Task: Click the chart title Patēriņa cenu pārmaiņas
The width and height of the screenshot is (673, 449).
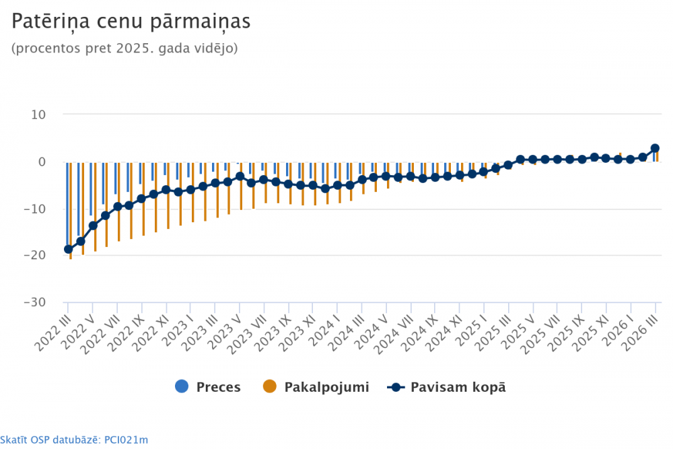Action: pyautogui.click(x=131, y=22)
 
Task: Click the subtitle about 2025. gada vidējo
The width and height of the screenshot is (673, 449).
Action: pyautogui.click(x=125, y=49)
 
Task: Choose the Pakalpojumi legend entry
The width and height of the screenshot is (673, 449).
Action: pyautogui.click(x=316, y=387)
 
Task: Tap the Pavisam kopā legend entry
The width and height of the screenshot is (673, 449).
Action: pyautogui.click(x=448, y=387)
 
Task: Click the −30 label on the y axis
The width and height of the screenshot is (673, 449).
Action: pyautogui.click(x=33, y=302)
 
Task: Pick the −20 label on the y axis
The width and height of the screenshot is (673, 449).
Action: pyautogui.click(x=33, y=255)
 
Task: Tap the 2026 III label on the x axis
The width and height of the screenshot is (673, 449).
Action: pyautogui.click(x=645, y=331)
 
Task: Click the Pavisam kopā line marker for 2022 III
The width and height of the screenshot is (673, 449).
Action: pyautogui.click(x=68, y=249)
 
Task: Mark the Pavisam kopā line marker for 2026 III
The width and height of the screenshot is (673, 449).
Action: pyautogui.click(x=655, y=148)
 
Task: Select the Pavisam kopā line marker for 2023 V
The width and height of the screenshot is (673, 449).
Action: pyautogui.click(x=240, y=176)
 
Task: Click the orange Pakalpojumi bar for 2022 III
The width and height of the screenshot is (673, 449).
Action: pyautogui.click(x=71, y=210)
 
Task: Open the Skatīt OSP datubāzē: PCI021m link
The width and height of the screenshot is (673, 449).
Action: pyautogui.click(x=74, y=440)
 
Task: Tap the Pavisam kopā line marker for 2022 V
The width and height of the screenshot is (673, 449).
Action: pyautogui.click(x=93, y=226)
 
